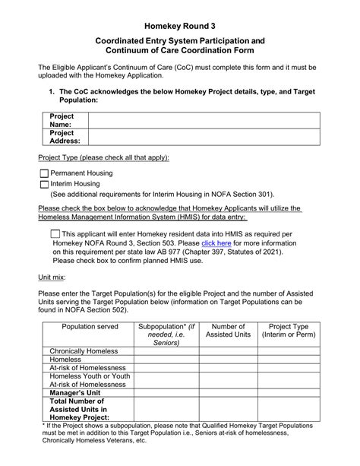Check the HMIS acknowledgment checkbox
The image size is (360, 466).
(55, 234)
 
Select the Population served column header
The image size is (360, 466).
(90, 328)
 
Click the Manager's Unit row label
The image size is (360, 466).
(77, 395)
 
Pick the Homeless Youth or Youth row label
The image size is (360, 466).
(90, 376)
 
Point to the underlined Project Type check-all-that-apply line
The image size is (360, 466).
(104, 157)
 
